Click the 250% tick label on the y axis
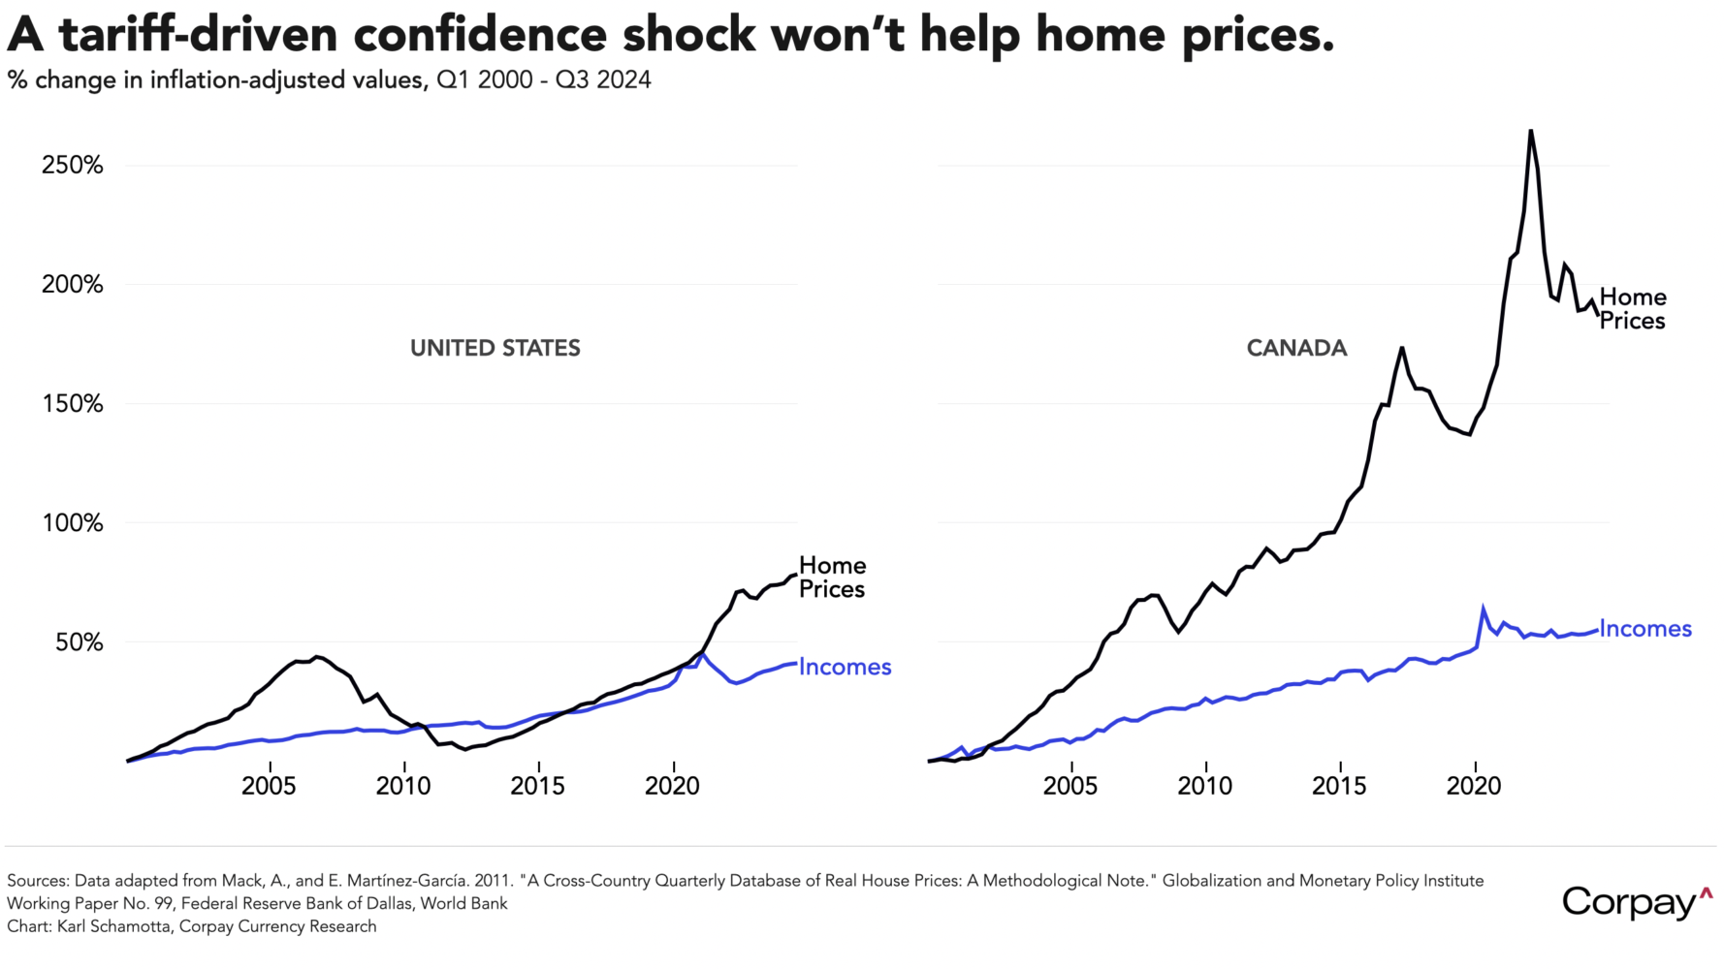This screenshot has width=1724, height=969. [72, 166]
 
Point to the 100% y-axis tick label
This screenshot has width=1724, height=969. [72, 523]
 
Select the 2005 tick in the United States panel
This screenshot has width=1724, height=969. [269, 785]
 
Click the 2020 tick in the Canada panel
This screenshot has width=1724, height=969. [1474, 785]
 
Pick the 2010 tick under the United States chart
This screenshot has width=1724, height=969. [403, 785]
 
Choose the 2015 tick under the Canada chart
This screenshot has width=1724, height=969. [1339, 785]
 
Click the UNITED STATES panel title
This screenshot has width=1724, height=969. [495, 348]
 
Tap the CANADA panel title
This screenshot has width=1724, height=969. [1296, 348]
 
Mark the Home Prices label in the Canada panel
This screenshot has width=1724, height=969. [1633, 309]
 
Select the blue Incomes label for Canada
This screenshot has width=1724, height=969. [1645, 629]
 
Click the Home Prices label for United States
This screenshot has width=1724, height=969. [832, 578]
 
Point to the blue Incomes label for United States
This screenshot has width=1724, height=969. [845, 667]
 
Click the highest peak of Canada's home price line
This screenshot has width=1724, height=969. [1530, 131]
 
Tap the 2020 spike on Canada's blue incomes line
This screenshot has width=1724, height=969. [1483, 610]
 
